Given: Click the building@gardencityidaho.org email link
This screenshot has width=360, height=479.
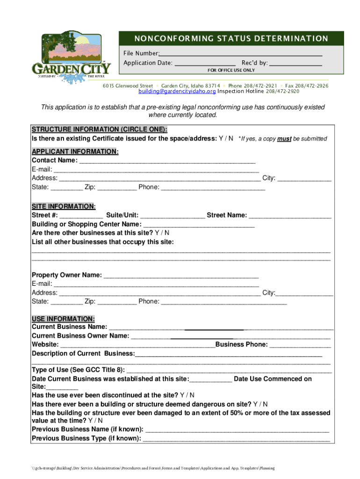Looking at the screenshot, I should tap(177, 92).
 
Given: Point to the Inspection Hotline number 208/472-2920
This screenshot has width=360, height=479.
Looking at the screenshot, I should tap(283, 92).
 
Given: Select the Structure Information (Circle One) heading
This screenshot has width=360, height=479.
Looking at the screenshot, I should tap(99, 129).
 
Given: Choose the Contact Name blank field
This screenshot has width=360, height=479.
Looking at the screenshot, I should tap(167, 160).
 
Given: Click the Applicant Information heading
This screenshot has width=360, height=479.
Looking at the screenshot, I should tap(75, 152).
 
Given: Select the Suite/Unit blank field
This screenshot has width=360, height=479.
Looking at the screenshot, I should tap(172, 215).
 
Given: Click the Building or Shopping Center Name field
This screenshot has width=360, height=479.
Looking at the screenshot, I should tap(195, 224).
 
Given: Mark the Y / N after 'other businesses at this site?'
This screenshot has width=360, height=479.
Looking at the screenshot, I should tap(162, 232).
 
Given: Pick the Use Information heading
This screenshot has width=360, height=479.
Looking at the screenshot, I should tap(63, 319).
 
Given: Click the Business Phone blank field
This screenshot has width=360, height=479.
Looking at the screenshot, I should tap(300, 345).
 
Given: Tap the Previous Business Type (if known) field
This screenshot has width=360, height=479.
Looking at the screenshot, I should tap(236, 438).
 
